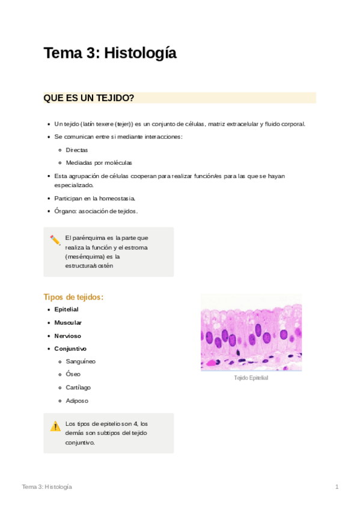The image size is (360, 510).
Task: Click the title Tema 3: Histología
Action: tap(110, 54)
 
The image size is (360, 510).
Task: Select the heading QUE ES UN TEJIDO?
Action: tap(89, 98)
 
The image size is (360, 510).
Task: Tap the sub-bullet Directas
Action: tap(77, 150)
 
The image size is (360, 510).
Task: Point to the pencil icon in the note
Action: tap(55, 239)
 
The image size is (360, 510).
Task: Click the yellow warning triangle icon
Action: tap(55, 426)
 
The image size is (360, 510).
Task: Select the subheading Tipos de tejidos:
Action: tap(73, 296)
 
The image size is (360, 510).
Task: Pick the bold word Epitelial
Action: tap(66, 309)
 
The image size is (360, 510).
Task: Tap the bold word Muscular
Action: tap(68, 322)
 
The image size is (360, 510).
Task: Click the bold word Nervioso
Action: tap(67, 336)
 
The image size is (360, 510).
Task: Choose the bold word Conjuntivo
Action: tap(70, 349)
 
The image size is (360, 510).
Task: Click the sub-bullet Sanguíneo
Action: tap(81, 361)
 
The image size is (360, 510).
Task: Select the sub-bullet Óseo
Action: tap(73, 374)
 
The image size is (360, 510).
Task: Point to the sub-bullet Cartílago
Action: tap(78, 387)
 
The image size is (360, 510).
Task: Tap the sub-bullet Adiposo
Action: tap(77, 401)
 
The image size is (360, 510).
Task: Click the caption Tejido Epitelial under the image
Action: tap(251, 378)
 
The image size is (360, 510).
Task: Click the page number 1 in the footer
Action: tap(337, 486)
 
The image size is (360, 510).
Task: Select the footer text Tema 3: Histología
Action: tap(47, 486)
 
